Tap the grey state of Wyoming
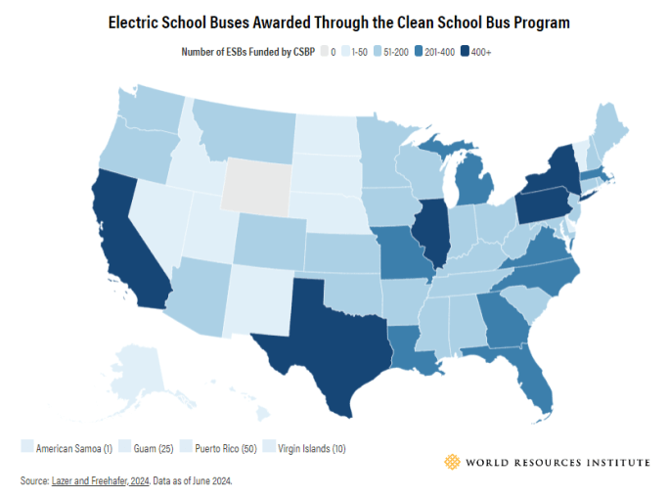coord(256,186)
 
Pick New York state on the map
coord(557,166)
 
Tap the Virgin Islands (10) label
coord(312,447)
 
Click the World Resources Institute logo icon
coord(451,462)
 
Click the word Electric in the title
coord(137,22)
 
